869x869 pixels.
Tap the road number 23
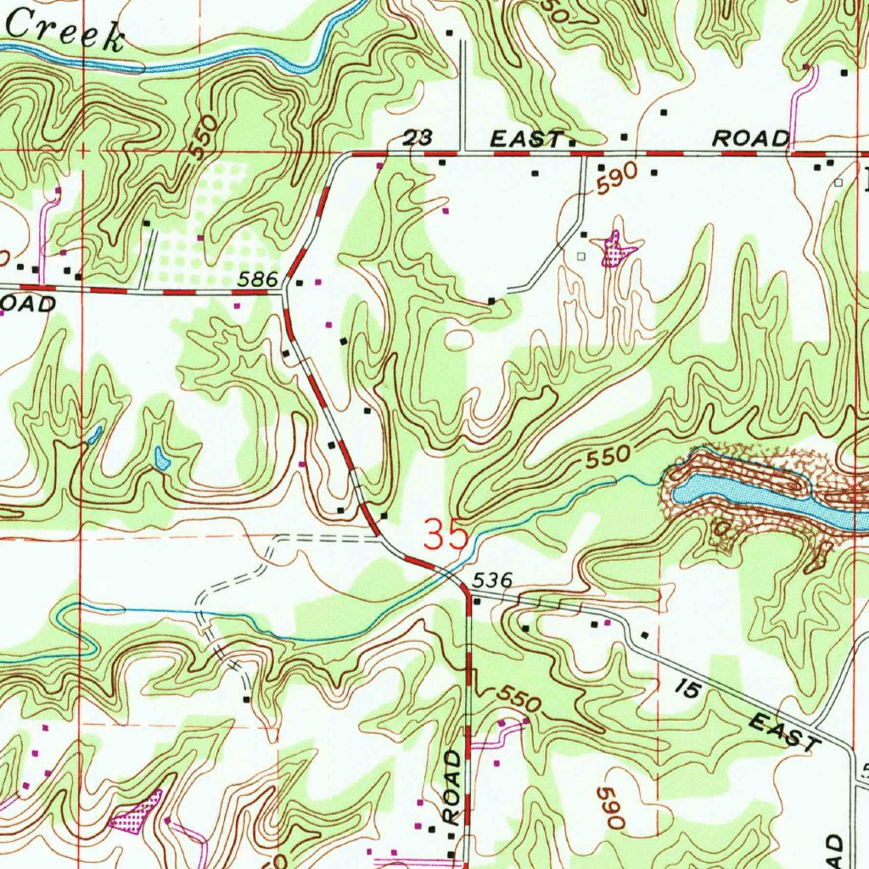pyautogui.click(x=417, y=138)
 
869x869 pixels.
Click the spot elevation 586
pyautogui.click(x=259, y=278)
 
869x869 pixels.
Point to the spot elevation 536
pyautogui.click(x=493, y=580)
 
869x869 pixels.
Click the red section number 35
pyautogui.click(x=446, y=536)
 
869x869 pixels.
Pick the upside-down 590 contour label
pyautogui.click(x=613, y=807)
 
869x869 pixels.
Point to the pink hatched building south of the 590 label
pyautogui.click(x=617, y=250)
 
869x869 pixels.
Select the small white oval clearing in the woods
pyautogui.click(x=458, y=339)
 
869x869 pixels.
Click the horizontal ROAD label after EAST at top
pyautogui.click(x=750, y=138)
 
